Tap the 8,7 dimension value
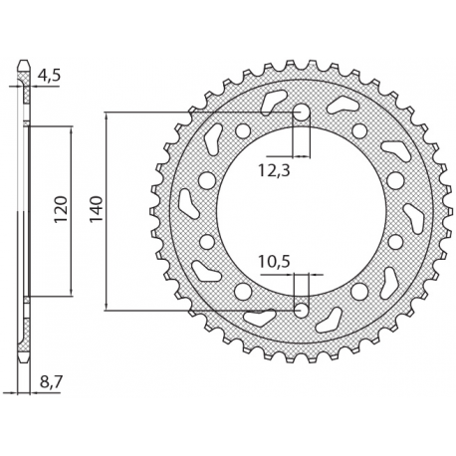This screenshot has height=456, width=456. (47, 382)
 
